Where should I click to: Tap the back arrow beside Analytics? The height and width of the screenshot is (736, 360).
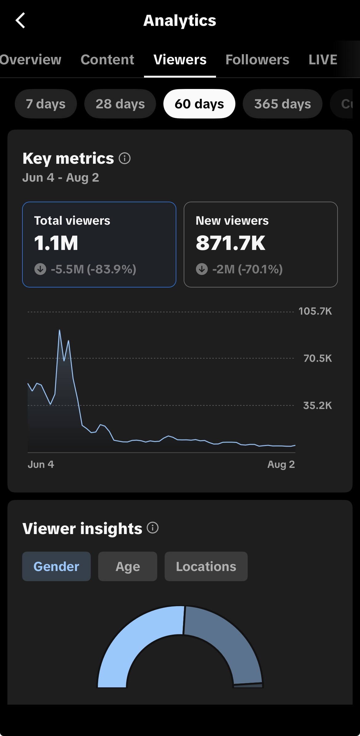(20, 21)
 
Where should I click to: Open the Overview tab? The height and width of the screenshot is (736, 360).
(30, 60)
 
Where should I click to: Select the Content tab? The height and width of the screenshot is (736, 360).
(107, 60)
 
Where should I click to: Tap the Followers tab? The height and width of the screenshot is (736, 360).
(257, 60)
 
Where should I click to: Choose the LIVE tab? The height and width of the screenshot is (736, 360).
(323, 60)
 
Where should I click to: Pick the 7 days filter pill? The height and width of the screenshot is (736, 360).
(46, 104)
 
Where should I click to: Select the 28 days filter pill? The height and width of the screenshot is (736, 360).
(120, 104)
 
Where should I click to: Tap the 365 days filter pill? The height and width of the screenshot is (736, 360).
(282, 104)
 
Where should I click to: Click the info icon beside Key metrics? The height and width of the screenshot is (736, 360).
(125, 159)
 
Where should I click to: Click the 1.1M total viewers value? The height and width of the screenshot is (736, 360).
(56, 243)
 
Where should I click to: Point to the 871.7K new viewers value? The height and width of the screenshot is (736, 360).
(230, 243)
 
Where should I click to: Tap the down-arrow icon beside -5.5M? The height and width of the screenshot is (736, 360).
(40, 269)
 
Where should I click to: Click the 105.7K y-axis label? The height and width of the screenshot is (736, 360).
(315, 311)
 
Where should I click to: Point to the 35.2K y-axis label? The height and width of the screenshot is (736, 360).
(318, 405)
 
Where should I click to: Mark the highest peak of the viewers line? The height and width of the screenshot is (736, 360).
(59, 330)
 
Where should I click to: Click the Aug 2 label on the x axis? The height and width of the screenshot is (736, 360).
(281, 464)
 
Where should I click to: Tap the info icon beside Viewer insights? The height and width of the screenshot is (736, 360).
(153, 528)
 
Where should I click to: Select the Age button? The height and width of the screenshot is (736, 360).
(128, 566)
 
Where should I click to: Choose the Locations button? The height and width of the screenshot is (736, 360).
(206, 566)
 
